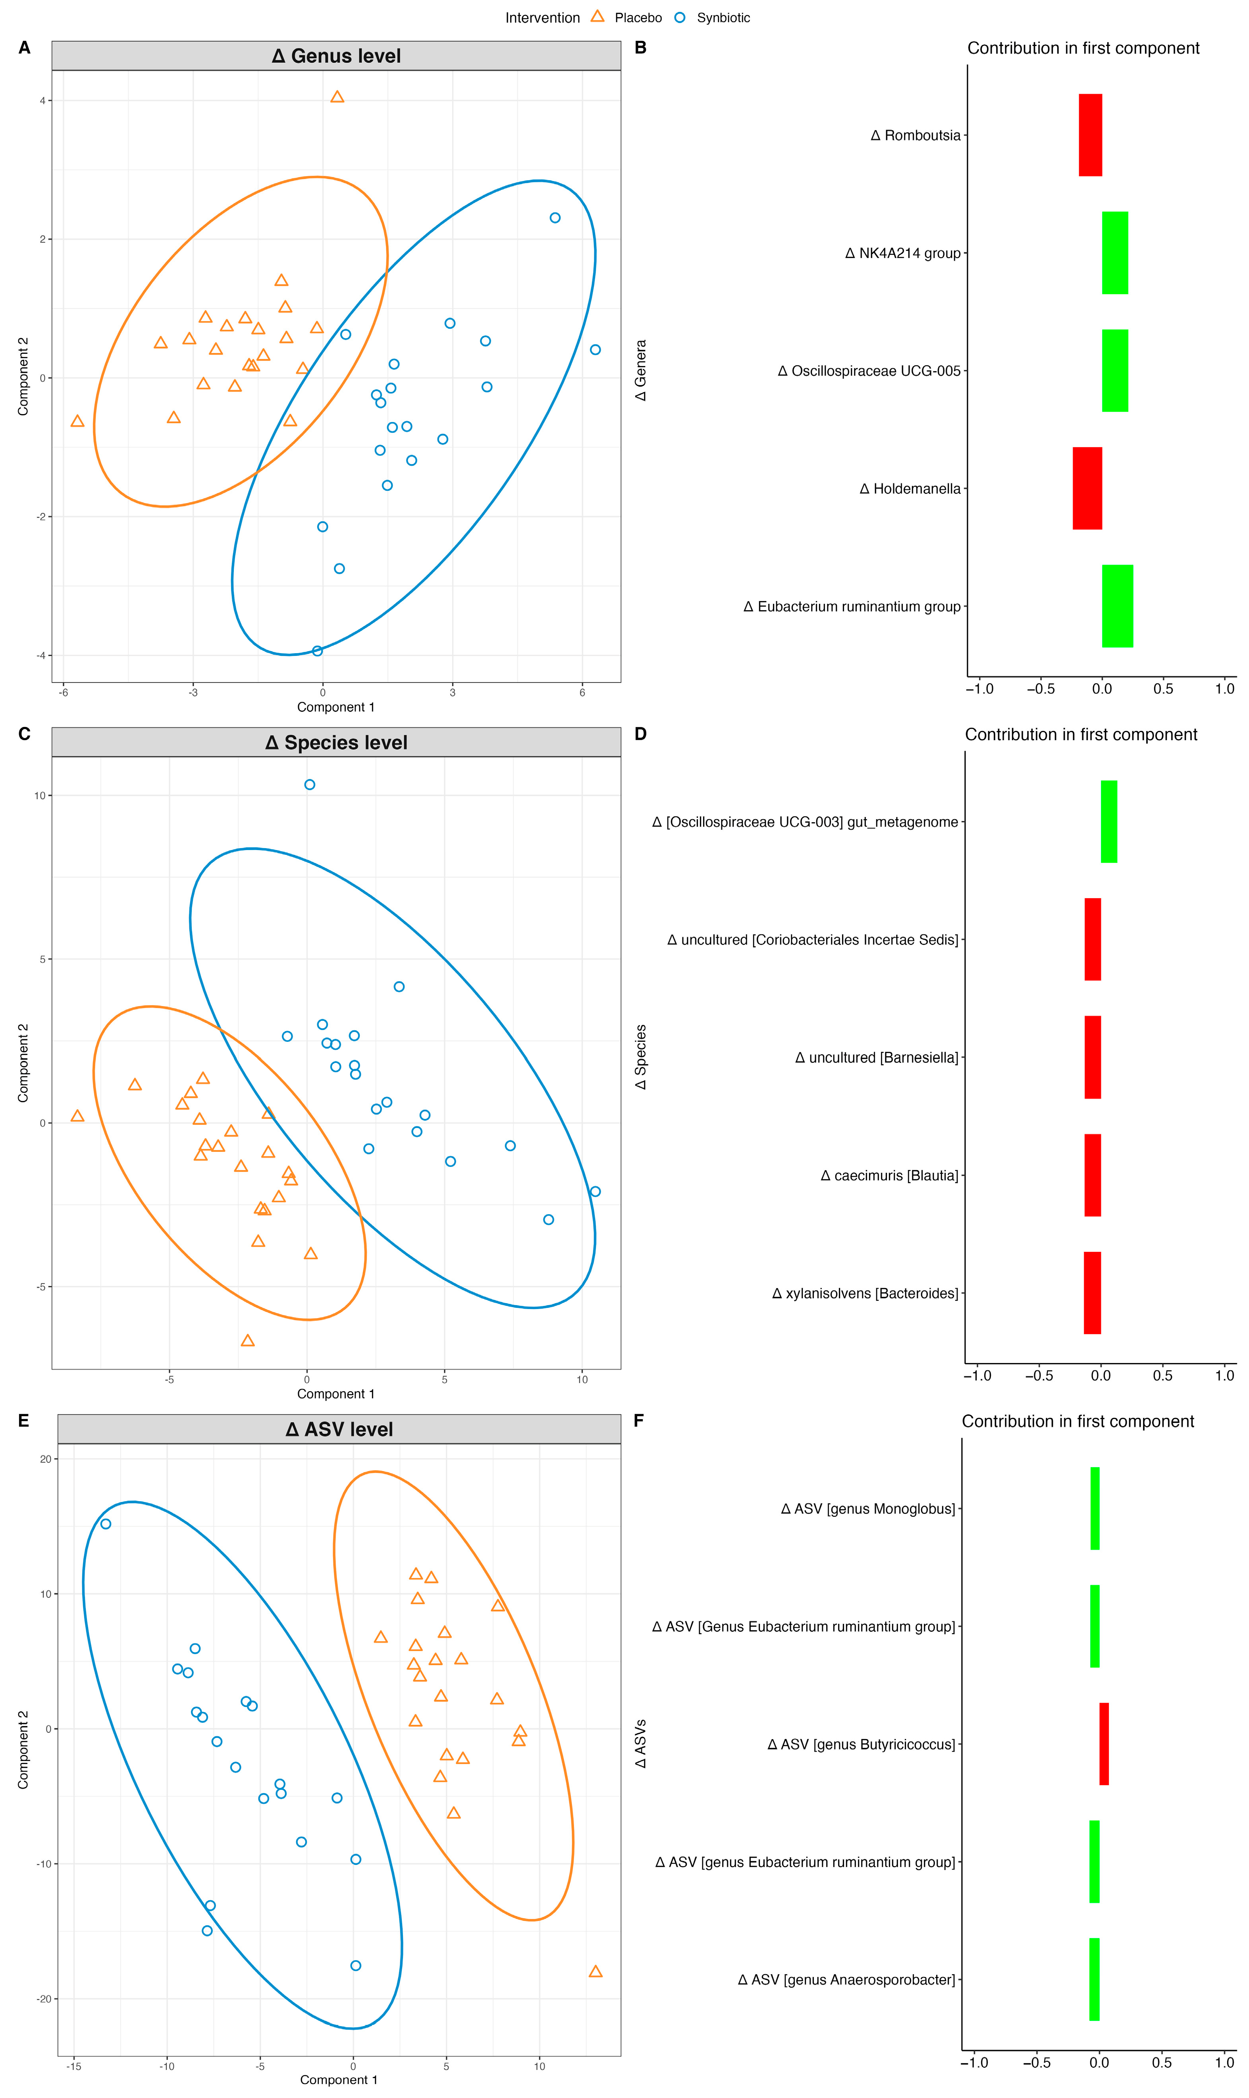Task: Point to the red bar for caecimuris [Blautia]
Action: [x=1093, y=1175]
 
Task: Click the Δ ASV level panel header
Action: [x=339, y=1429]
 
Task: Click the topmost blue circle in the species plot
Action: [x=310, y=784]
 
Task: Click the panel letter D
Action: [x=640, y=734]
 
